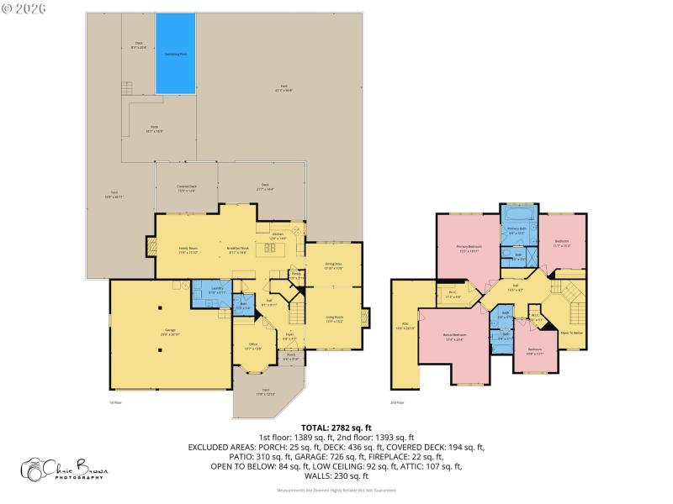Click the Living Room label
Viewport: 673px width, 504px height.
(x=335, y=319)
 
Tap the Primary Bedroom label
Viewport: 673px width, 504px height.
(x=469, y=248)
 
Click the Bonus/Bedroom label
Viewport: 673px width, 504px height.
(x=455, y=338)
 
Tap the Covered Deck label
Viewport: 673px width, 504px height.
(x=187, y=188)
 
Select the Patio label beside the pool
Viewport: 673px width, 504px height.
(x=154, y=130)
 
